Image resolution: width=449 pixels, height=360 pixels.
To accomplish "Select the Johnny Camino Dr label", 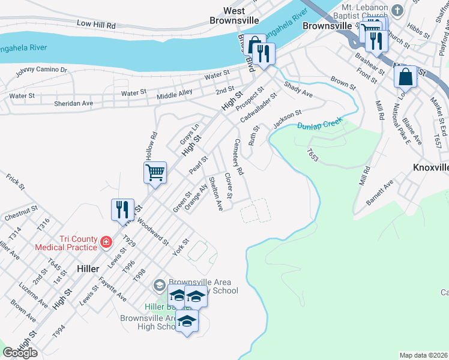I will pyautogui.click(x=41, y=71).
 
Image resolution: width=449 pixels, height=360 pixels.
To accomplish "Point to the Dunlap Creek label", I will pyautogui.click(x=319, y=124).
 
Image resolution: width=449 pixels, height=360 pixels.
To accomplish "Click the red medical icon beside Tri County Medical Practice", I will pyautogui.click(x=106, y=242).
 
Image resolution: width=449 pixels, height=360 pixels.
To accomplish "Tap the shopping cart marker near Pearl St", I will pyautogui.click(x=155, y=173).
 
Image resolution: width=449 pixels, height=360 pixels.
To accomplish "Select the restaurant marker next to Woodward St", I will pyautogui.click(x=122, y=209).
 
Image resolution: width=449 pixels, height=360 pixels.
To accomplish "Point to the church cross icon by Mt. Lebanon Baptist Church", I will pyautogui.click(x=397, y=10).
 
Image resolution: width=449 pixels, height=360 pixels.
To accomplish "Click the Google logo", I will pyautogui.click(x=20, y=353).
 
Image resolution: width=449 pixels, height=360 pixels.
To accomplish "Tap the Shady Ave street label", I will pyautogui.click(x=298, y=90).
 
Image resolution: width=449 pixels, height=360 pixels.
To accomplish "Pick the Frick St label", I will pyautogui.click(x=15, y=182).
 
